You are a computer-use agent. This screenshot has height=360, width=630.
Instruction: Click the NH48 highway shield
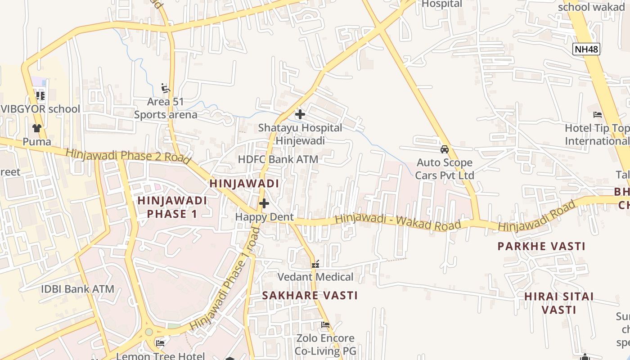(x=587, y=49)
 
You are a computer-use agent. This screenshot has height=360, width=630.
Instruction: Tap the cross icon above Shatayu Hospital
(x=300, y=114)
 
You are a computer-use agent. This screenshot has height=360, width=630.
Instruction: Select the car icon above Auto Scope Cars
(x=445, y=149)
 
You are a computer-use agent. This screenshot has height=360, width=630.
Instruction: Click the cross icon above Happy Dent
(x=264, y=203)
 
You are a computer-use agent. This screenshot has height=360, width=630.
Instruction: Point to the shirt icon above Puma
(x=37, y=128)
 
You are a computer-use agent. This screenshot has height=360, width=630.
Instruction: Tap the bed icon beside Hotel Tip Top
(x=598, y=115)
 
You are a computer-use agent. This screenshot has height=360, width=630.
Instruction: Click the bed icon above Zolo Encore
(x=325, y=324)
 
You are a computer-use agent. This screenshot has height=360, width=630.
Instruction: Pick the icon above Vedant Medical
(x=315, y=264)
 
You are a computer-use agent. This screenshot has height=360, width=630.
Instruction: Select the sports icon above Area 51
(x=165, y=88)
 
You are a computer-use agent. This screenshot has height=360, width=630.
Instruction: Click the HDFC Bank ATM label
(x=278, y=159)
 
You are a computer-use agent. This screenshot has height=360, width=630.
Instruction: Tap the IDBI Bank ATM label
(x=77, y=289)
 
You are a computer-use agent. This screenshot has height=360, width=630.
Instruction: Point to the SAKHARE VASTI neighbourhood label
(x=310, y=296)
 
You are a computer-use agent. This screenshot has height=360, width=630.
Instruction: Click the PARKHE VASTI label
(x=541, y=247)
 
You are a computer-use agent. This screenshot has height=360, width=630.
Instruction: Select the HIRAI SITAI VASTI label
(x=559, y=303)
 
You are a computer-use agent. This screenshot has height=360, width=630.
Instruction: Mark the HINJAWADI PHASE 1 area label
(x=172, y=207)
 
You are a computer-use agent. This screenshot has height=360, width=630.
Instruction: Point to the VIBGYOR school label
(x=40, y=109)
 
